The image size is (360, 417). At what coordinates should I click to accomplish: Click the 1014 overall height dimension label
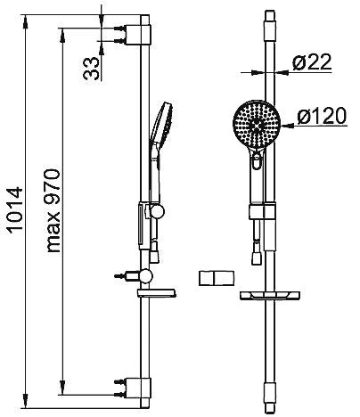click(14, 209)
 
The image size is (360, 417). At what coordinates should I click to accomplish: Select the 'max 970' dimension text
click(53, 210)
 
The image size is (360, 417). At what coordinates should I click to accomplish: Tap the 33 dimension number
click(91, 69)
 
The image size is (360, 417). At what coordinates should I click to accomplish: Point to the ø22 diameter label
click(312, 62)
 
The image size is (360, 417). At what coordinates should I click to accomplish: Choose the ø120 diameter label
click(322, 116)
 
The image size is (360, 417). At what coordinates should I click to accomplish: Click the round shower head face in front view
click(257, 124)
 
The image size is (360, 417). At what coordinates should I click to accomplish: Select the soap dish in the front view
click(270, 295)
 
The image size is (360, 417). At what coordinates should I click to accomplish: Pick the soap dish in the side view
click(157, 293)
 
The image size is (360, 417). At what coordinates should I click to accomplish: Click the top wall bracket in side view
click(138, 35)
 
